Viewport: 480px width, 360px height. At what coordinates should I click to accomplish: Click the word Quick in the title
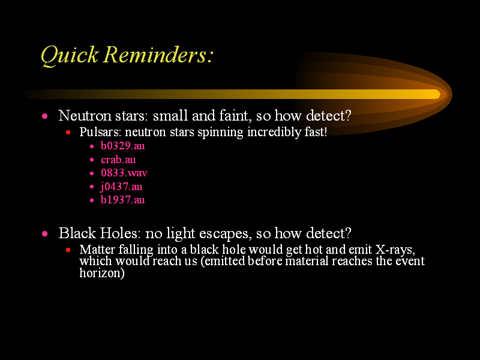click(x=70, y=55)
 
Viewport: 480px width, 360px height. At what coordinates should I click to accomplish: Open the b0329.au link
click(x=123, y=146)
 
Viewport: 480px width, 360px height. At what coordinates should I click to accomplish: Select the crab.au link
click(x=118, y=160)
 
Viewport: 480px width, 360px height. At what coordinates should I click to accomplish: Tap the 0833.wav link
click(x=124, y=173)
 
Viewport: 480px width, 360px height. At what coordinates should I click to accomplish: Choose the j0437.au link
click(x=121, y=187)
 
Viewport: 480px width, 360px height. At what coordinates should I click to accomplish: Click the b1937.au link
click(x=123, y=200)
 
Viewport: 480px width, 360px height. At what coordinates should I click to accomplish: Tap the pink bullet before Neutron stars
click(x=44, y=116)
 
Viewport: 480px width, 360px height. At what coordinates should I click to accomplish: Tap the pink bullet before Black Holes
click(x=44, y=234)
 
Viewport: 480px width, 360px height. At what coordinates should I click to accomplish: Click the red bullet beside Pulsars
click(x=68, y=133)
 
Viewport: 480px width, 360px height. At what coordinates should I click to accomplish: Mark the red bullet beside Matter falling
click(x=68, y=250)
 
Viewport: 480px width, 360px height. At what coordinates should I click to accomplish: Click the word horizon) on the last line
click(x=102, y=273)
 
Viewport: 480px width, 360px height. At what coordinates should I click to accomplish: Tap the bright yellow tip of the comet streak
click(x=437, y=95)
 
